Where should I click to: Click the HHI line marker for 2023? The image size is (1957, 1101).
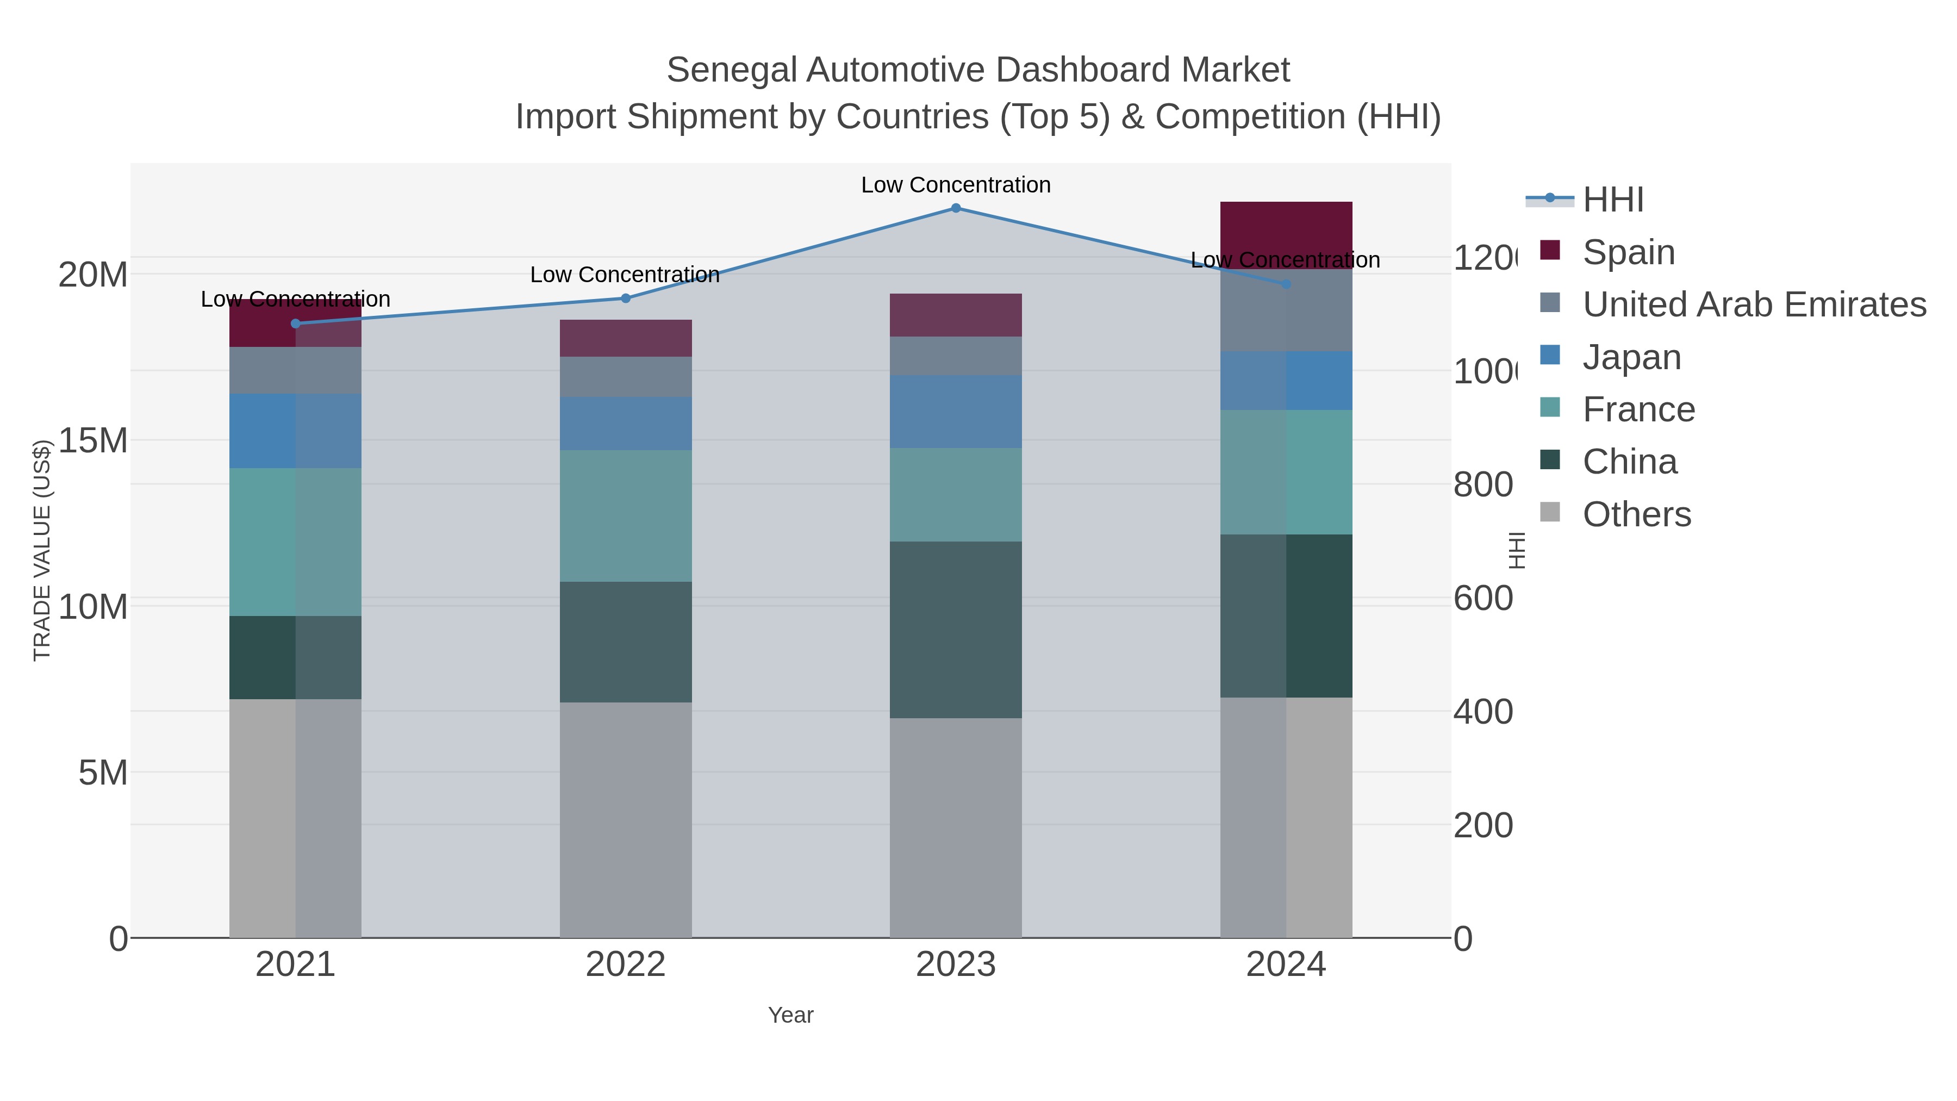pyautogui.click(x=956, y=208)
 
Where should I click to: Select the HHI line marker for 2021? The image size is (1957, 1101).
pyautogui.click(x=296, y=324)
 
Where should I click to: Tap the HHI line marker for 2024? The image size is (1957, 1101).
pyautogui.click(x=1286, y=284)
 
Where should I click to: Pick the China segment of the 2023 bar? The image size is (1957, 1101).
pyautogui.click(x=956, y=629)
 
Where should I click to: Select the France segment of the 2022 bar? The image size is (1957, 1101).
pyautogui.click(x=625, y=516)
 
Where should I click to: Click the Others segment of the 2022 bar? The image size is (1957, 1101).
pyautogui.click(x=625, y=819)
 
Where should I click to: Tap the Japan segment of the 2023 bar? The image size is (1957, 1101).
pyautogui.click(x=956, y=411)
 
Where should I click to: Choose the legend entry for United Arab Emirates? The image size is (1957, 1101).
pyautogui.click(x=1753, y=304)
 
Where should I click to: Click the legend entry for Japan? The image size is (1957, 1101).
pyautogui.click(x=1631, y=357)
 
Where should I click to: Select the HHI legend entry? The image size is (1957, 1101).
pyautogui.click(x=1613, y=200)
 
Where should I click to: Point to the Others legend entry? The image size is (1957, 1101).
pyautogui.click(x=1636, y=514)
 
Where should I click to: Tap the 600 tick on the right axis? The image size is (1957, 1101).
pyautogui.click(x=1483, y=599)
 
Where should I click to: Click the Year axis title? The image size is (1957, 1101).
pyautogui.click(x=790, y=1015)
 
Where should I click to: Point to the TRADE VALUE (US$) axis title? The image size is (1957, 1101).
pyautogui.click(x=42, y=550)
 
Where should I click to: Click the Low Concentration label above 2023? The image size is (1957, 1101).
pyautogui.click(x=956, y=185)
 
